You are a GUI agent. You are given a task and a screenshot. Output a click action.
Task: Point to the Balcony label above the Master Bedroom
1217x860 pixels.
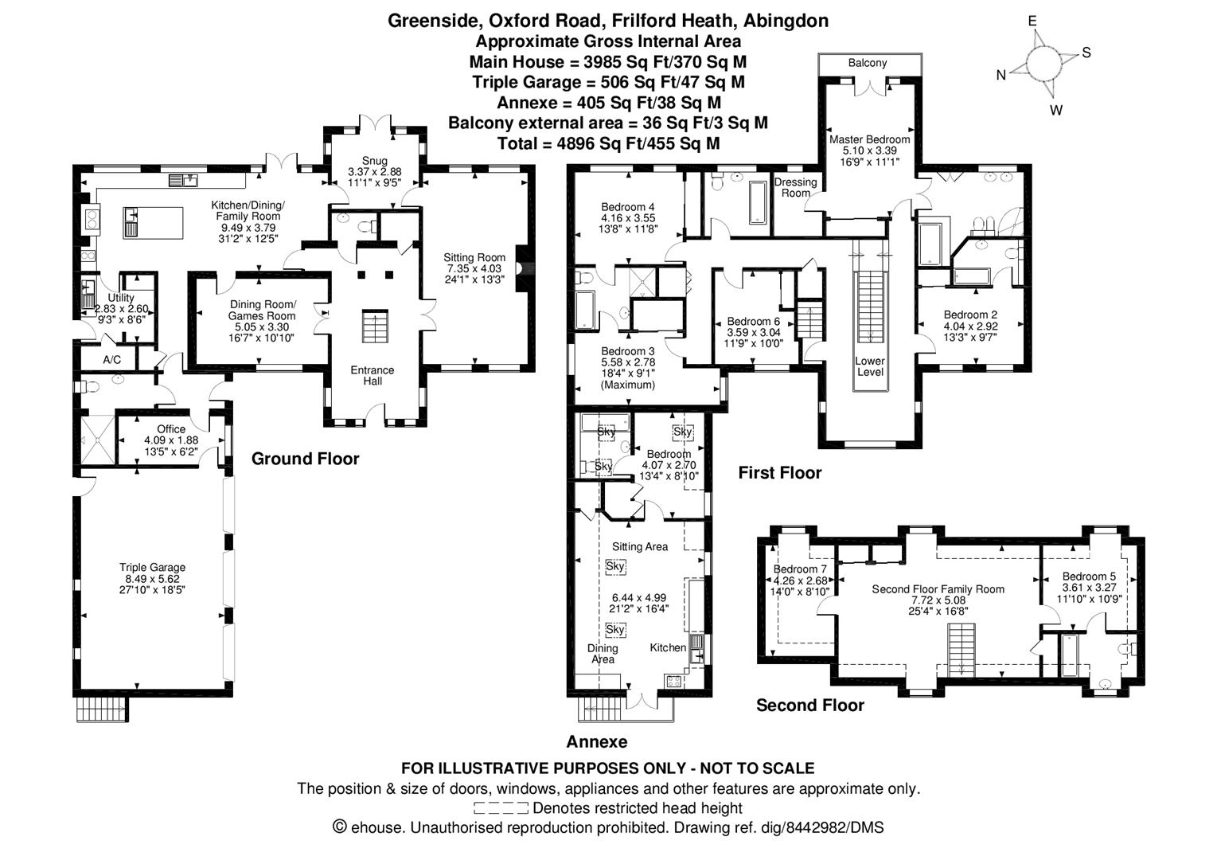[x=867, y=63]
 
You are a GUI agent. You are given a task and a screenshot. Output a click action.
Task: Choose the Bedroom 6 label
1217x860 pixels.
[x=748, y=322]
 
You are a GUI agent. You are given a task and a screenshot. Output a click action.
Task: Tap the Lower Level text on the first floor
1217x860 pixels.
[x=870, y=366]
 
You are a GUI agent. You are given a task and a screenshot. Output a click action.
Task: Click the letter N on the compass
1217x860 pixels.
[x=1001, y=75]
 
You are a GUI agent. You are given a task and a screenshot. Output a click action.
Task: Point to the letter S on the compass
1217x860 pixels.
[x=1086, y=53]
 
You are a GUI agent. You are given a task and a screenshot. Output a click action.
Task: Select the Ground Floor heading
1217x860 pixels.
[x=305, y=459]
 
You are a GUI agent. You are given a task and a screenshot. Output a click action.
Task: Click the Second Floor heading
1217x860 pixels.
[x=809, y=706]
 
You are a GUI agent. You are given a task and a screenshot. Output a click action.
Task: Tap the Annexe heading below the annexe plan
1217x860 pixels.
[x=596, y=742]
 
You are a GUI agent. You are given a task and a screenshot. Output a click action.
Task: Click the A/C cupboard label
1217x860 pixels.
[x=111, y=360]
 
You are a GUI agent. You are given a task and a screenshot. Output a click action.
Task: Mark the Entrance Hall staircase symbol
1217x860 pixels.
[x=373, y=326]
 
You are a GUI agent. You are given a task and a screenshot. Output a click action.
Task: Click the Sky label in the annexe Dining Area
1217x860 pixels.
[x=614, y=629]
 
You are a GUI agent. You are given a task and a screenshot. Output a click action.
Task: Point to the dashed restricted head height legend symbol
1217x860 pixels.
[x=501, y=808]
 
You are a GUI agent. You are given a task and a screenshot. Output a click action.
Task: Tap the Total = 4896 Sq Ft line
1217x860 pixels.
[x=608, y=143]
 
